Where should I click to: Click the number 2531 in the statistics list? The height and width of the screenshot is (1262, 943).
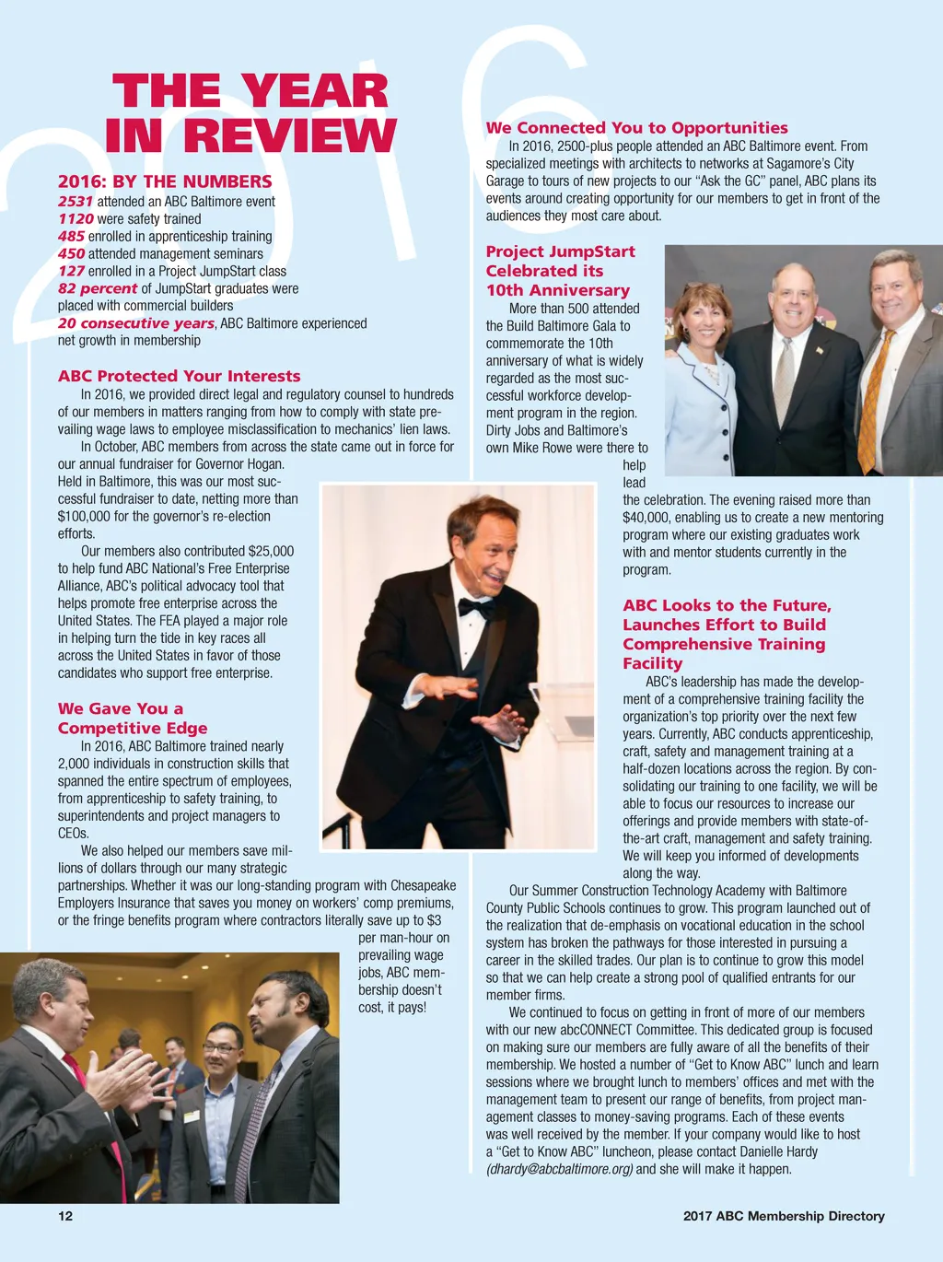coord(76,201)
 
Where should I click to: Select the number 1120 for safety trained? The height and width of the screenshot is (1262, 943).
coord(76,218)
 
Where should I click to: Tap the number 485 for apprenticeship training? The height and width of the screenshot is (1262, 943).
coord(71,236)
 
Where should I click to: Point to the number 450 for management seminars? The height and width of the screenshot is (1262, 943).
coord(71,253)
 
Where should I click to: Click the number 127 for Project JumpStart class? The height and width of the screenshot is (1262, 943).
coord(71,271)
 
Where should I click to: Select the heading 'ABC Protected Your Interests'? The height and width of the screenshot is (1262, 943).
coord(179,376)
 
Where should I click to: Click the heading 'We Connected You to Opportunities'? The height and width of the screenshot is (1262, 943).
coord(636,128)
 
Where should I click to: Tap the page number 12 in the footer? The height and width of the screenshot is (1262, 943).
coord(65,1216)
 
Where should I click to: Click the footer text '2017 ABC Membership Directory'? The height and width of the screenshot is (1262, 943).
coord(783,1216)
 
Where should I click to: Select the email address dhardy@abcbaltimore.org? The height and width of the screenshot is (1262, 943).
coord(559,1169)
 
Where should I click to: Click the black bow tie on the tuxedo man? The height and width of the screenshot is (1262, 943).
coord(475,608)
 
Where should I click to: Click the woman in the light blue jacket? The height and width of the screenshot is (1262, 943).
coord(702,387)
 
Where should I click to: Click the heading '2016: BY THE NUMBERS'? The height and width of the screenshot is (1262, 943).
coord(165,181)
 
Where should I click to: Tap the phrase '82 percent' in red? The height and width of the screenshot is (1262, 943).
coord(98,288)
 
